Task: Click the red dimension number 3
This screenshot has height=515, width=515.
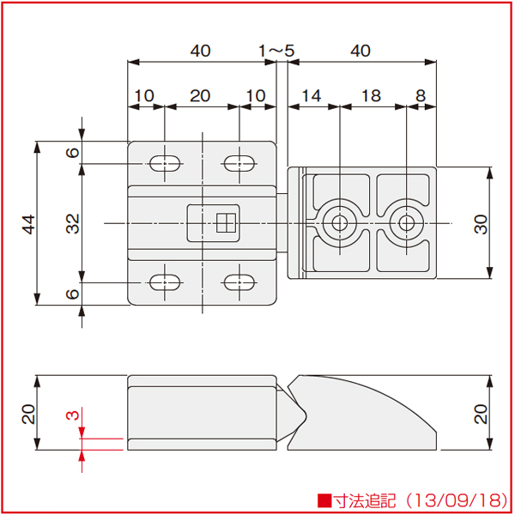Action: point(73,415)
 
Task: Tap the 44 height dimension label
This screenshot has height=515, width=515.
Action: point(28,224)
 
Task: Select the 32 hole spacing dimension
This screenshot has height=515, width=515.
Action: point(73,224)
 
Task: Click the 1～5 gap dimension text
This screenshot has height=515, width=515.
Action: point(276,51)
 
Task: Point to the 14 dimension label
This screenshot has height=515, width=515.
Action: point(311,96)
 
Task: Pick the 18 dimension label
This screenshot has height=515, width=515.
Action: point(371,96)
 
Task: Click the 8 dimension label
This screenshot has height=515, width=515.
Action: point(421,96)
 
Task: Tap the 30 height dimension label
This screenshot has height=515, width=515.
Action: point(482,224)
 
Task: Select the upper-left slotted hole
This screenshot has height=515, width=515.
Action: point(165,163)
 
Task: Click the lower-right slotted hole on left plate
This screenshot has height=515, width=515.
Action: point(239,282)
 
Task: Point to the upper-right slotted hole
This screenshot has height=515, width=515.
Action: point(239,163)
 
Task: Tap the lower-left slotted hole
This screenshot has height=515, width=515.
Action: point(165,282)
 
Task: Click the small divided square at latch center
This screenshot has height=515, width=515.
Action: point(226,223)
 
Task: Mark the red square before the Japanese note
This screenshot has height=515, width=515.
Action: point(324,500)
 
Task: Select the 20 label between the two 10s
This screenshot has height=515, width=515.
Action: point(200,96)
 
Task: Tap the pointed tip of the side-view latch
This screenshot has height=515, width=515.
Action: point(306,416)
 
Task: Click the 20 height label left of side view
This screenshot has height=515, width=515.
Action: point(28,414)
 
